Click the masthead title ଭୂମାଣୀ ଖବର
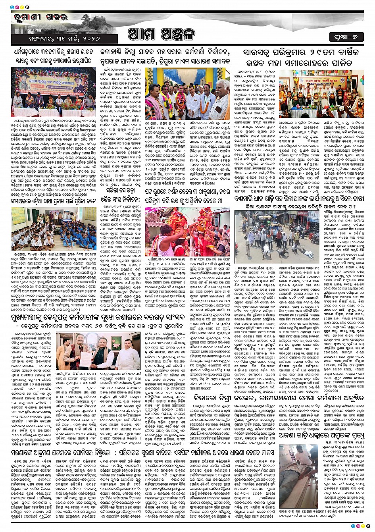(x=40, y=17)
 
